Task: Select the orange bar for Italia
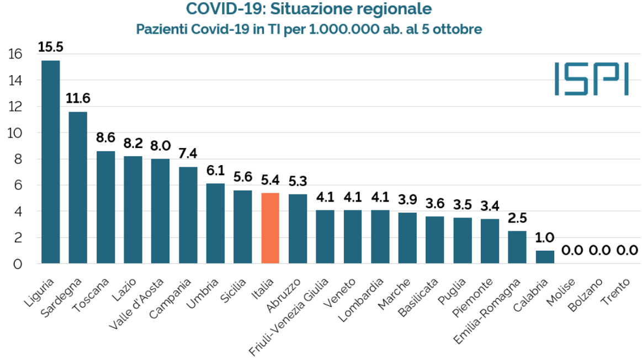pyautogui.click(x=270, y=228)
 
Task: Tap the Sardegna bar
pyautogui.click(x=78, y=188)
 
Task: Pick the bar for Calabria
pyautogui.click(x=544, y=257)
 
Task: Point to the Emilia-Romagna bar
pyautogui.click(x=517, y=247)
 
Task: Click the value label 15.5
pyautogui.click(x=51, y=47)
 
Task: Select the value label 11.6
pyautogui.click(x=78, y=99)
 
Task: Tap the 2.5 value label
pyautogui.click(x=517, y=218)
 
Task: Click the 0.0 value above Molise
pyautogui.click(x=572, y=250)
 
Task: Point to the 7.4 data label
pyautogui.click(x=188, y=153)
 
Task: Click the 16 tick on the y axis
pyautogui.click(x=15, y=54)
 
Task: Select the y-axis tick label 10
pyautogui.click(x=15, y=133)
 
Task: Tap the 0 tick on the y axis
pyautogui.click(x=18, y=264)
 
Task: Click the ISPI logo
pyautogui.click(x=591, y=79)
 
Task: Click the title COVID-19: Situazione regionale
pyautogui.click(x=309, y=9)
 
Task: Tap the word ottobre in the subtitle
pyautogui.click(x=459, y=29)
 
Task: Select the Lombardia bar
pyautogui.click(x=380, y=236)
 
